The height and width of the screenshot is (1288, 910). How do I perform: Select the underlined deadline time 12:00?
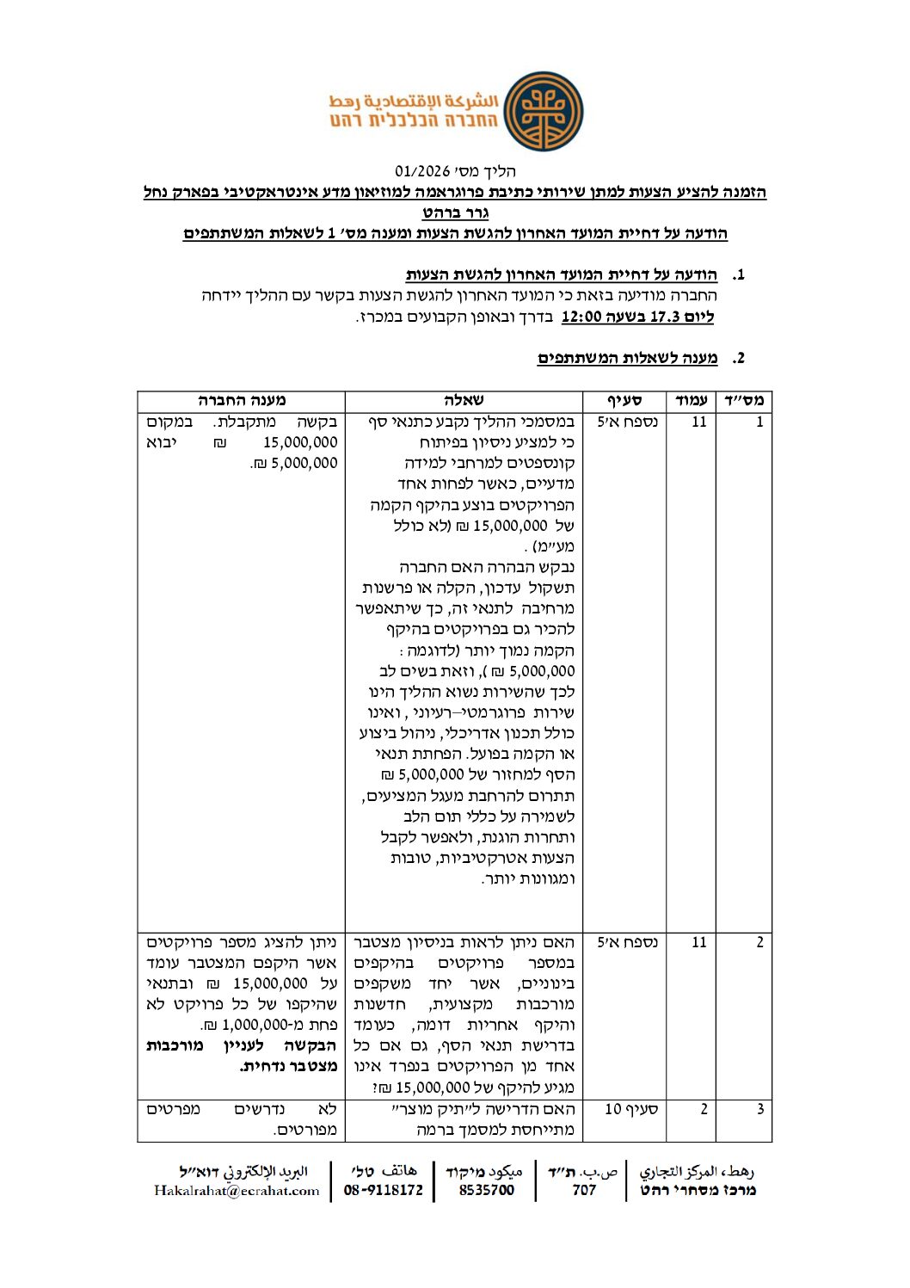tap(581, 317)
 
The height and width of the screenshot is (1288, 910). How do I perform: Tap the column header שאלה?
tap(464, 400)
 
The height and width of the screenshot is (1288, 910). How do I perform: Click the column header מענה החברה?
tap(242, 400)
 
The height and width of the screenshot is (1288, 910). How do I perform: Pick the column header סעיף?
tap(625, 400)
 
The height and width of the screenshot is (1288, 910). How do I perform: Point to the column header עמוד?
tap(692, 400)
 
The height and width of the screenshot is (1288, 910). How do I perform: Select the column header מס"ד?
tap(744, 400)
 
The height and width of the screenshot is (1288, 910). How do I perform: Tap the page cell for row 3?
tap(703, 1109)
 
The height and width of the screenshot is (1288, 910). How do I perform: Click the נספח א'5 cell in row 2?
tap(627, 942)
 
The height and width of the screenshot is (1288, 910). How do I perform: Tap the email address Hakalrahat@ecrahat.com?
tap(237, 1191)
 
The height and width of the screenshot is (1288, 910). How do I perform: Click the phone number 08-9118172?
tap(384, 1191)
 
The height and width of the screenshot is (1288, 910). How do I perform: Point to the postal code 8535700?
tap(486, 1191)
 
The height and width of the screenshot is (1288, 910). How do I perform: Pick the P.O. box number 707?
tap(584, 1191)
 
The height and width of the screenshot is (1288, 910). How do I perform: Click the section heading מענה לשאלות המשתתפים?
tap(628, 358)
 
